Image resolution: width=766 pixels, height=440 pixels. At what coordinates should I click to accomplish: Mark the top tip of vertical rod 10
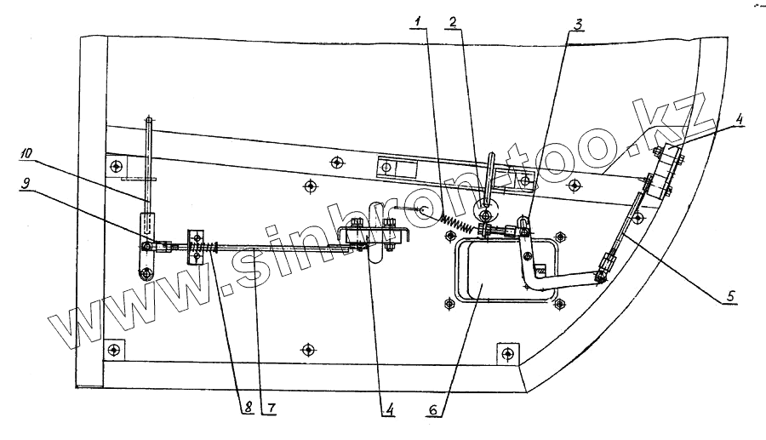148,119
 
